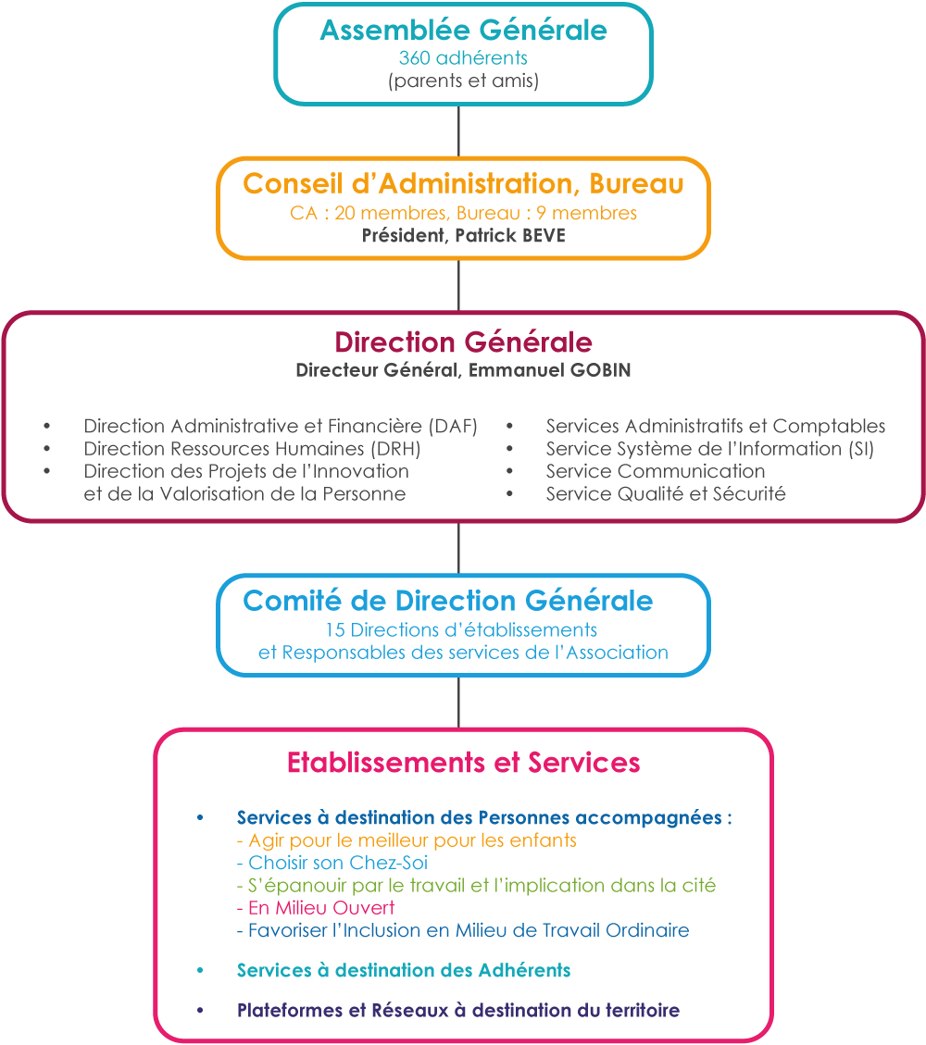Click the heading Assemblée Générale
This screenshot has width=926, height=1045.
click(x=463, y=30)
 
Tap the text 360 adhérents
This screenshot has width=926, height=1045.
click(x=463, y=58)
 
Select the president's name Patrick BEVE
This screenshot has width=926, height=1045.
click(x=510, y=235)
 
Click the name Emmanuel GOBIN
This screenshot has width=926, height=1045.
click(x=549, y=370)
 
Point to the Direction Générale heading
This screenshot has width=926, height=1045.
click(x=463, y=342)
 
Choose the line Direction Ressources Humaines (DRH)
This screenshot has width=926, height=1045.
click(x=252, y=449)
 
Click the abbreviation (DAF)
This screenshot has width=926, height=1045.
click(x=453, y=426)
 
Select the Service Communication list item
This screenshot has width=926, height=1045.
click(x=656, y=471)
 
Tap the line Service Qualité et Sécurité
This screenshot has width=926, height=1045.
click(x=666, y=494)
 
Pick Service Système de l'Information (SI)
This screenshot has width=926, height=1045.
click(x=710, y=449)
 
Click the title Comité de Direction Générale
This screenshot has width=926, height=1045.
click(x=448, y=601)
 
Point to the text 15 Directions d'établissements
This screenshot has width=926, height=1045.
click(x=461, y=629)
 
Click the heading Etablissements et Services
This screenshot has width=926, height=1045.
click(x=463, y=763)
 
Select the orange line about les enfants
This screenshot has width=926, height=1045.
click(x=407, y=840)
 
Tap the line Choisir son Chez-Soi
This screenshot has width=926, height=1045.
click(x=332, y=863)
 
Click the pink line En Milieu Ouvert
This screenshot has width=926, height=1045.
click(x=316, y=908)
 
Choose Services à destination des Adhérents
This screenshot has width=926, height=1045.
click(x=404, y=970)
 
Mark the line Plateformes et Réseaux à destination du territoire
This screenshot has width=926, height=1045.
click(x=458, y=1011)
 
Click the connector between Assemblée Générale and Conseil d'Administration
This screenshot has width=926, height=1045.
click(x=458, y=131)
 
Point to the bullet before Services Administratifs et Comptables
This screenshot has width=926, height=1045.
click(x=509, y=426)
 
